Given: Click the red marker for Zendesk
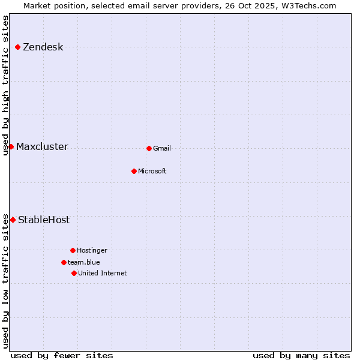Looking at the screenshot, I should click(x=18, y=47).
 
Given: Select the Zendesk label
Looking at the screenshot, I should click(x=43, y=47).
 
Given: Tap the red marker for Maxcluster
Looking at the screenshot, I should click(x=11, y=146).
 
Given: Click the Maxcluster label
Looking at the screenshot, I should click(x=42, y=147).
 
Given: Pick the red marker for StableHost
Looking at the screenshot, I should click(x=13, y=220).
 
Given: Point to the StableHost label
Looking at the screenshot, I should click(x=44, y=220).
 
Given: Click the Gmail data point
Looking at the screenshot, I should click(x=149, y=148).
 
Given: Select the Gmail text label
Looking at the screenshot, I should click(x=162, y=149).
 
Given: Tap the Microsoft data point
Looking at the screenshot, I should click(x=134, y=171).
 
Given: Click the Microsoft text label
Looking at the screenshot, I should click(x=152, y=172).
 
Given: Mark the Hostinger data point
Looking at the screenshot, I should click(x=73, y=250).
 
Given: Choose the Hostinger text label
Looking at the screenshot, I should click(x=92, y=251).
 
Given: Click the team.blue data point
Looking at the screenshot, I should click(x=64, y=262).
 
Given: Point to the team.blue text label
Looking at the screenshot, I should click(x=84, y=263).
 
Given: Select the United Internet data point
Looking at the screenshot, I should click(x=74, y=273).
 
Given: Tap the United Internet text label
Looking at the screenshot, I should click(x=103, y=274).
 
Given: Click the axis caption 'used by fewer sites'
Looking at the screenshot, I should click(x=62, y=355).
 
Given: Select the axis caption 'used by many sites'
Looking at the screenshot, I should click(x=301, y=355).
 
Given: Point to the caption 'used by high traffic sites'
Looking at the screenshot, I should click(x=6, y=85).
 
